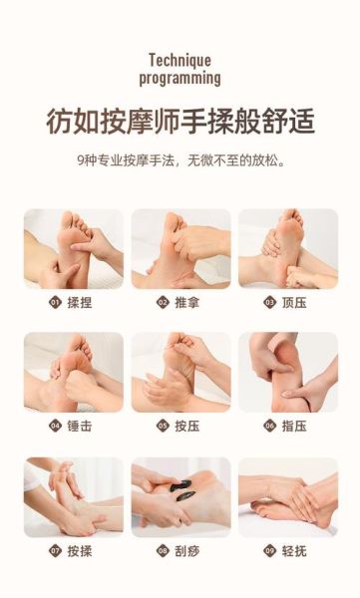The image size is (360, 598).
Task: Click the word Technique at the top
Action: pyautogui.click(x=180, y=60)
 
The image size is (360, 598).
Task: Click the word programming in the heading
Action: pyautogui.click(x=180, y=77)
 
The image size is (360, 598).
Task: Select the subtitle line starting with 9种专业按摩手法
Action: pyautogui.click(x=180, y=159)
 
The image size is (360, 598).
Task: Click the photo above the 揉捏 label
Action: pyautogui.click(x=73, y=248)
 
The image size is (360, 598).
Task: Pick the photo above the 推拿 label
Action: pyautogui.click(x=180, y=248)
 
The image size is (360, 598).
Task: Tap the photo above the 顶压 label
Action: pyautogui.click(x=287, y=248)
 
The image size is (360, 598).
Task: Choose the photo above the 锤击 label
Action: pyautogui.click(x=73, y=372)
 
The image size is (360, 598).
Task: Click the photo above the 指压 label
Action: pyautogui.click(x=287, y=372)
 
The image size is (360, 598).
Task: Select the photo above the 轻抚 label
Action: pyautogui.click(x=287, y=496)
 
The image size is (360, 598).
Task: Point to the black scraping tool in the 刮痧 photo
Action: pyautogui.click(x=181, y=489)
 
